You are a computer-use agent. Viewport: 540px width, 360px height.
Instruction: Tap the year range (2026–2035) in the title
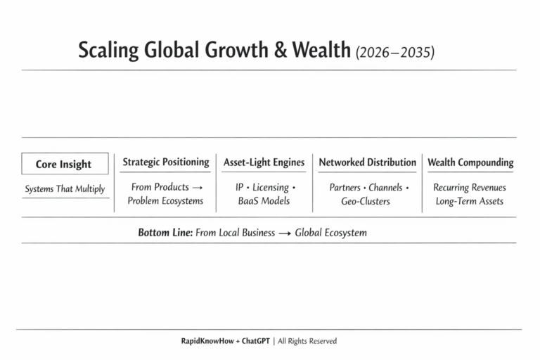point(395,52)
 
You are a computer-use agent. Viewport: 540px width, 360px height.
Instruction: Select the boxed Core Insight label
point(64,164)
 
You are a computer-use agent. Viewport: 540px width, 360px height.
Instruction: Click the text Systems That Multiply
point(65,188)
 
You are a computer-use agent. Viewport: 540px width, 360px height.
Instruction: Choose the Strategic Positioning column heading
point(166,162)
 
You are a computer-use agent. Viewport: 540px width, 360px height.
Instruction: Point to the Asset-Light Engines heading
point(264,162)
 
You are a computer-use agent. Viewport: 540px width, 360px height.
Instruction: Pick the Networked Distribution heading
point(367,162)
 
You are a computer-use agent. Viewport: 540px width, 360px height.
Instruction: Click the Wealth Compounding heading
point(470,162)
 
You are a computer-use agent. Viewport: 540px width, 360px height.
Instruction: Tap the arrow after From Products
point(198,188)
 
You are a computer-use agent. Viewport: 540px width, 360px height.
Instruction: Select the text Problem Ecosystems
point(165,201)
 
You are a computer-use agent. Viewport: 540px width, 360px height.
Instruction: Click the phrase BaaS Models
point(264,201)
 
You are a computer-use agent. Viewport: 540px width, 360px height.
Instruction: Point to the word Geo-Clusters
point(367,201)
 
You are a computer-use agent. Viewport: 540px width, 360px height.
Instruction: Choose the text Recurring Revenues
point(470,188)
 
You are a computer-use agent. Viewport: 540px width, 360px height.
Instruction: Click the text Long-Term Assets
point(470,201)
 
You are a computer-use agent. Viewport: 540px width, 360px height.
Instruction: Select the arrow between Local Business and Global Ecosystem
point(285,233)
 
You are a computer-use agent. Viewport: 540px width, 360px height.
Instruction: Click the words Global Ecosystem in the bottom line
point(330,233)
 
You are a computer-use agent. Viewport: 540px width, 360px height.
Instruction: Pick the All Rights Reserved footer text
point(307,341)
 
